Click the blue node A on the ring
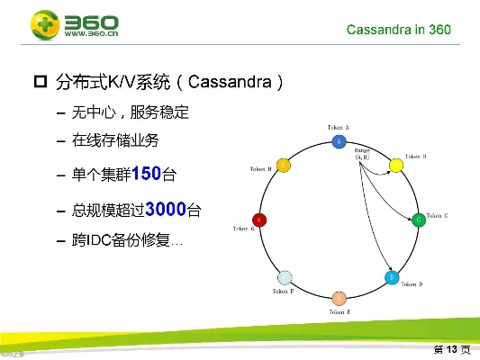coord(339,141)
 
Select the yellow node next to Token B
coord(394,165)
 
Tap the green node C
coord(418,219)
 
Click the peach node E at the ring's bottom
coord(339,298)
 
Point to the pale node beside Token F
coord(285,277)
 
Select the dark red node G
coord(260,220)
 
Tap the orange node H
coord(283,165)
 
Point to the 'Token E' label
coord(340,311)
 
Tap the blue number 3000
coord(165,209)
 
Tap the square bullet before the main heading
coord(40,84)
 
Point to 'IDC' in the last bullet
coord(98,241)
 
